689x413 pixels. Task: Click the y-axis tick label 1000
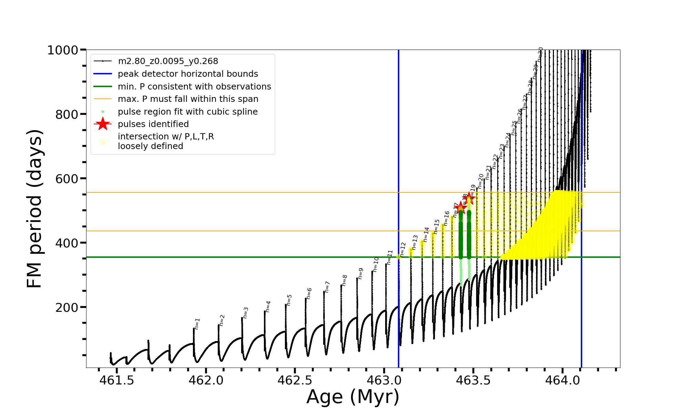coord(63,50)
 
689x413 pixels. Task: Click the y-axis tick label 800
coord(67,114)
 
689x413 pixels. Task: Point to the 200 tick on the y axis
coord(67,307)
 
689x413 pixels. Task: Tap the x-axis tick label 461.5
coord(117,380)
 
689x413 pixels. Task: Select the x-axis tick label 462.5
coord(295,380)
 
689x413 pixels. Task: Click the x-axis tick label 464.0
coord(562,380)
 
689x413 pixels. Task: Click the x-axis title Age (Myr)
coord(353,397)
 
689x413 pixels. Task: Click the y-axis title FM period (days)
coord(34,209)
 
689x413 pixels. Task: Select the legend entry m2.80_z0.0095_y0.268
coord(168,61)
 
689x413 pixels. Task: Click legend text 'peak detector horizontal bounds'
coord(188,74)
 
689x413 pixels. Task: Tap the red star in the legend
coord(103,124)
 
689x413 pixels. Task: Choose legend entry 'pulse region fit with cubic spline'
coord(187,112)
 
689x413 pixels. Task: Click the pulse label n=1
coord(197,324)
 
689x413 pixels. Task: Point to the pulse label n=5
coord(289,300)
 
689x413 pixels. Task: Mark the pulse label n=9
coord(360,273)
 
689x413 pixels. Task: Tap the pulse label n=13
coord(415,242)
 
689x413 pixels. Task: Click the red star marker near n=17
coord(461,208)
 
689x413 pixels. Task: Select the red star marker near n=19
coord(469,198)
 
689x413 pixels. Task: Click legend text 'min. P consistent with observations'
coord(194,87)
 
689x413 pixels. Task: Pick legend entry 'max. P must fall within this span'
coord(188,99)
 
